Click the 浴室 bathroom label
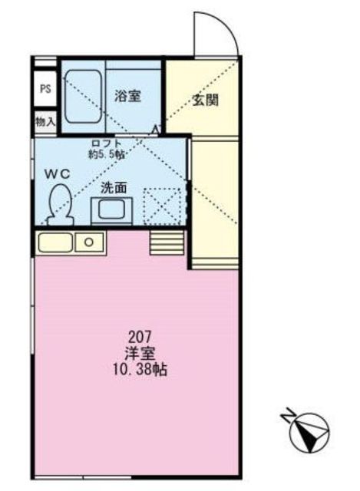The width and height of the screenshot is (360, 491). [x=127, y=96]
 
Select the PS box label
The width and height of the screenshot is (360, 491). [x=45, y=88]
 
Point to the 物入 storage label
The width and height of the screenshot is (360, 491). [x=45, y=121]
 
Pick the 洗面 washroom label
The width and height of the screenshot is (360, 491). [x=114, y=187]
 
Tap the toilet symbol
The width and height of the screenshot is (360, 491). [x=58, y=206]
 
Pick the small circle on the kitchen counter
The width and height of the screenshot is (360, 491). [x=90, y=242]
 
